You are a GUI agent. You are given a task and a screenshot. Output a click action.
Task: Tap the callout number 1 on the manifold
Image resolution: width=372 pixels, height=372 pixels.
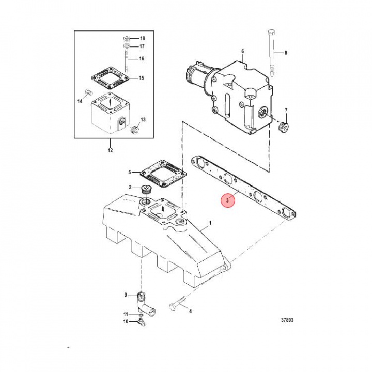210,224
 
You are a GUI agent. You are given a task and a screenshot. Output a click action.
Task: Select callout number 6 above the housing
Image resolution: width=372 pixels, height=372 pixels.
242,51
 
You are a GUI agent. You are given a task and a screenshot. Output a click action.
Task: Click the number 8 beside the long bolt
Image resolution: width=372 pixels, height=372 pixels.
285,53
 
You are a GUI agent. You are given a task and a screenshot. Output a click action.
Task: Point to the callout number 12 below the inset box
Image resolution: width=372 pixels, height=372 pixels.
110,151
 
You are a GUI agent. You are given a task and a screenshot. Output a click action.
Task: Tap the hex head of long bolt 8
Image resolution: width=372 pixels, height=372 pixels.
271,34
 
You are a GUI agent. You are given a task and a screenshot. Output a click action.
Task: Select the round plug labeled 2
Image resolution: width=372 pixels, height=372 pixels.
146,189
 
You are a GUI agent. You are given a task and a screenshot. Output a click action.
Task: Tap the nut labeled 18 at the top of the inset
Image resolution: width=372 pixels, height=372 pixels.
126,39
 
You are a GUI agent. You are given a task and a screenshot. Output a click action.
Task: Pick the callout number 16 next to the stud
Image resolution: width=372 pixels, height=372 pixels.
141,59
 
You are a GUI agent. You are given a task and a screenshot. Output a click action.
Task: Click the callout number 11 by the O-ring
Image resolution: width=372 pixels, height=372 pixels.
126,314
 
